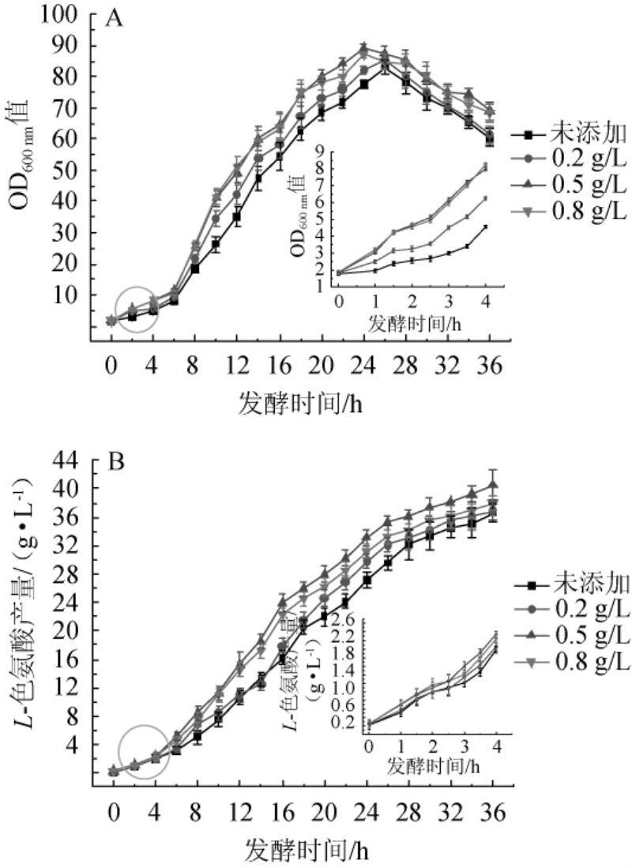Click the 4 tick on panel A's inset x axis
(x=485, y=302)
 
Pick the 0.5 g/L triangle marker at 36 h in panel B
(x=493, y=485)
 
